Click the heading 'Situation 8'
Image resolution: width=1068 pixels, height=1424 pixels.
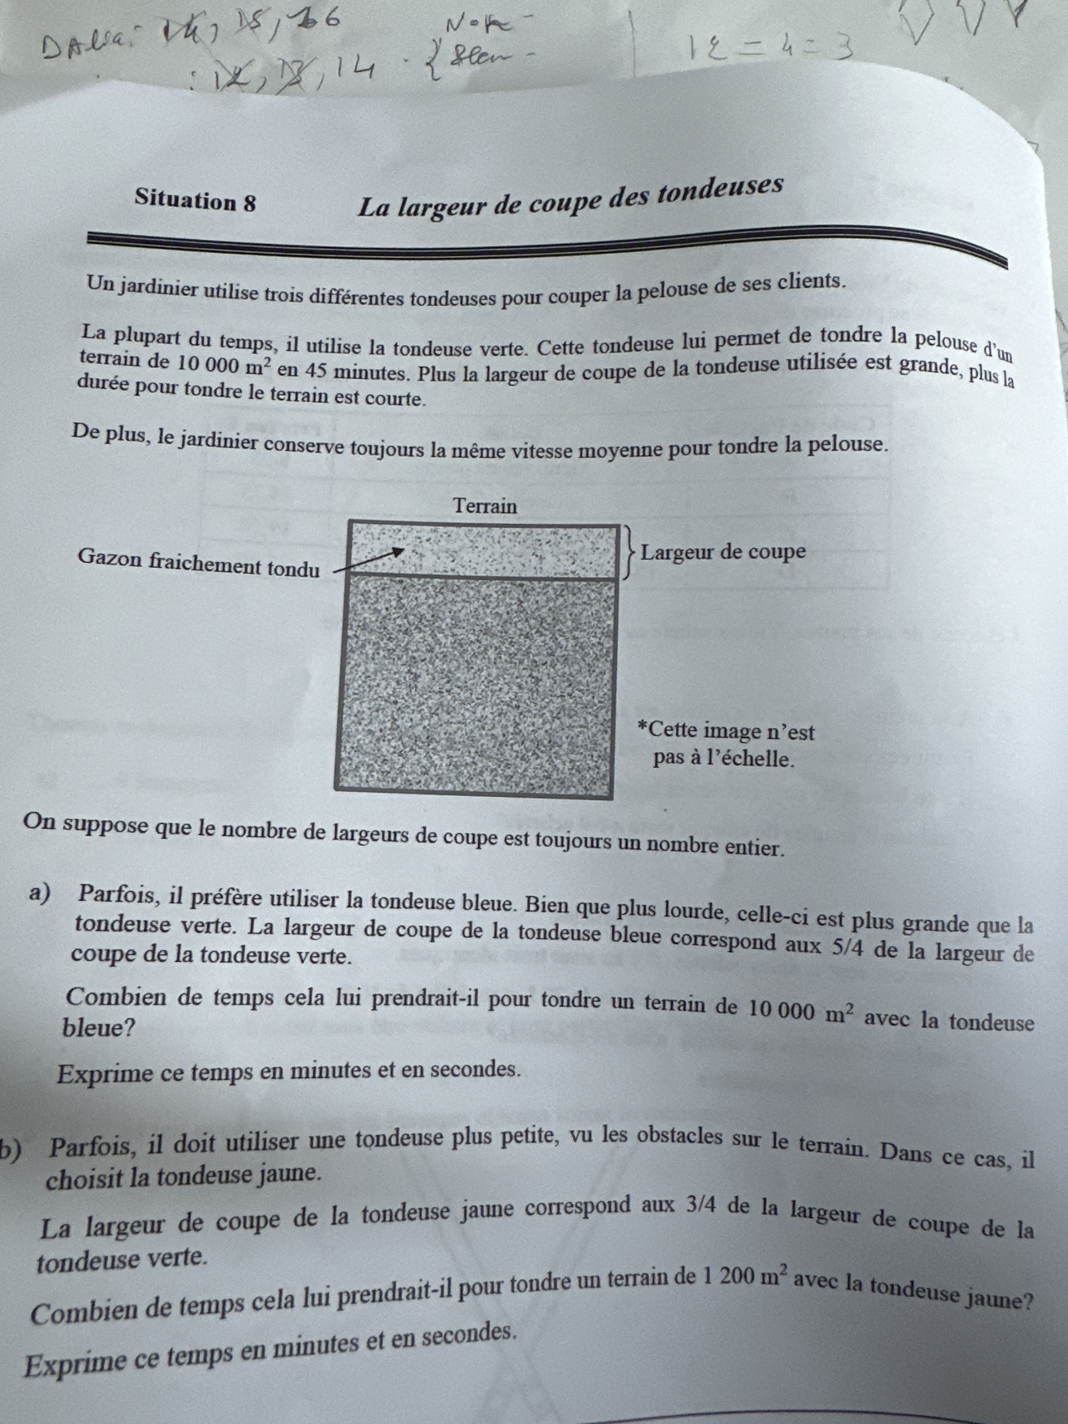pyautogui.click(x=195, y=201)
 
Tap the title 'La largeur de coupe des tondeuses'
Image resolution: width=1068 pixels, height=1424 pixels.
pyautogui.click(x=570, y=196)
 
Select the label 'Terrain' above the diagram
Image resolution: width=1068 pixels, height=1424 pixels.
pyautogui.click(x=485, y=506)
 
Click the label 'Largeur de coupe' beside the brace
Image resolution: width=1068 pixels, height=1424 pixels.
pyautogui.click(x=723, y=552)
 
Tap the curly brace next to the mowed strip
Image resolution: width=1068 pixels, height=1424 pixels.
pyautogui.click(x=628, y=552)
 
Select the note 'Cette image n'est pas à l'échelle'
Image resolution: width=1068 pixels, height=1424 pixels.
pyautogui.click(x=726, y=745)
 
